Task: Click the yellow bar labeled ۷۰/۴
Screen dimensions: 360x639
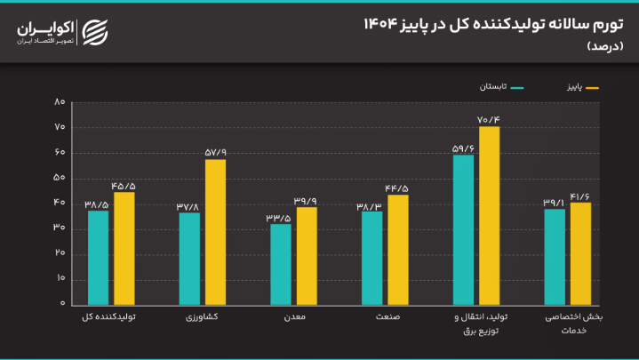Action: point(489,215)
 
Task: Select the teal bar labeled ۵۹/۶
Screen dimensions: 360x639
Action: point(463,229)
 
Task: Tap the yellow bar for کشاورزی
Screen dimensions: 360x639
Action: point(215,231)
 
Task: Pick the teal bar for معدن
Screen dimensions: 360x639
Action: point(281,263)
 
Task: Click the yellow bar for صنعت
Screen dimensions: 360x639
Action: point(397,249)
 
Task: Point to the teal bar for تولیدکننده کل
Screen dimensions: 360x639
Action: point(98,257)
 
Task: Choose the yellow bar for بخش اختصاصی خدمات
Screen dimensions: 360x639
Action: point(580,253)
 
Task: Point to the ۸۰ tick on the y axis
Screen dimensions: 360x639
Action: point(60,102)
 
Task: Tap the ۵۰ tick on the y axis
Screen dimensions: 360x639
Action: point(60,178)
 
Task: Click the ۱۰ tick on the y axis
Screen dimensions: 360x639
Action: point(60,278)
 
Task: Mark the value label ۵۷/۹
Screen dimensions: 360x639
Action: point(215,152)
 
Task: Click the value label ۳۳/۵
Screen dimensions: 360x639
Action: point(281,217)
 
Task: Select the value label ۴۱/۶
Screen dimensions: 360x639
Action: point(580,196)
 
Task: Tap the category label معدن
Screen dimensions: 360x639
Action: point(294,317)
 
